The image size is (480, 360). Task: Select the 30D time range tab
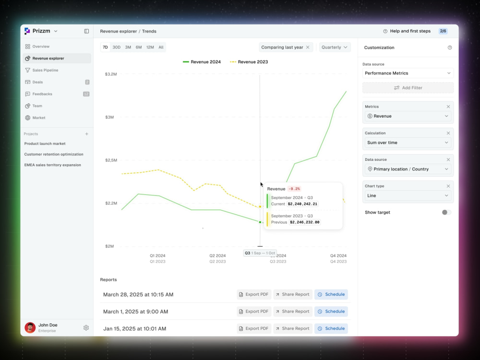(x=116, y=47)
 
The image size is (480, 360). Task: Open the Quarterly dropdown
(x=335, y=47)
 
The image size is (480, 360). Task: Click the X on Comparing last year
(x=308, y=47)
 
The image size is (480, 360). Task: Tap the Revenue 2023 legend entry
(x=249, y=62)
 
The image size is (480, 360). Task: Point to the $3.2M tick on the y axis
(x=111, y=74)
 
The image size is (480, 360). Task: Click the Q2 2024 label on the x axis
(x=217, y=256)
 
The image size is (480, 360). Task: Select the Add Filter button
(x=408, y=88)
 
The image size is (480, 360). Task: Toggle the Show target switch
(x=446, y=213)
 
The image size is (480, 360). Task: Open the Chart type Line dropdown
(x=408, y=196)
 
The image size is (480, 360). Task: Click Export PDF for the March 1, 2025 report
(x=254, y=312)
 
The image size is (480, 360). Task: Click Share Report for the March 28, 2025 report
(x=293, y=295)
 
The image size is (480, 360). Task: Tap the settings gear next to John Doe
(x=86, y=328)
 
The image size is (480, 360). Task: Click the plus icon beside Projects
(x=86, y=134)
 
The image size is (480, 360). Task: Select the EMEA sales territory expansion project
(x=53, y=165)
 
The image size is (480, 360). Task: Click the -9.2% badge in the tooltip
(x=294, y=189)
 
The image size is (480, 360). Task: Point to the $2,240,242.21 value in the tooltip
(x=302, y=204)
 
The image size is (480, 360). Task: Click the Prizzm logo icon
(x=27, y=31)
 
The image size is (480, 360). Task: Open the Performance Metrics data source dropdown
(x=408, y=73)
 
